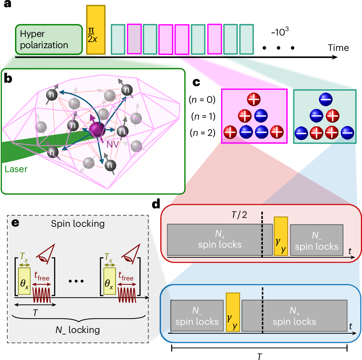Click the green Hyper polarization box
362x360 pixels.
[48, 39]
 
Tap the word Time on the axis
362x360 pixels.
[338, 47]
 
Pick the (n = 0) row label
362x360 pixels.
[201, 100]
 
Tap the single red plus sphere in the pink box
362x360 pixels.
[254, 99]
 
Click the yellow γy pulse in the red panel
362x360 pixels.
[281, 236]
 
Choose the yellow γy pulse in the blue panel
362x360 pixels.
[233, 311]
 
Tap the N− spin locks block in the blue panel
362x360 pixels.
[197, 316]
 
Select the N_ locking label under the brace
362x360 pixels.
[78, 330]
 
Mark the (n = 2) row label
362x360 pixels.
[201, 133]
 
